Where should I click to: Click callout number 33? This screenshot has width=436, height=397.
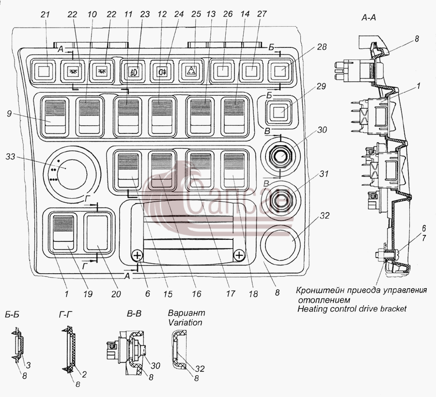coord(11,157)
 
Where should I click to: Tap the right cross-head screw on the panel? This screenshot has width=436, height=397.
coord(239,255)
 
